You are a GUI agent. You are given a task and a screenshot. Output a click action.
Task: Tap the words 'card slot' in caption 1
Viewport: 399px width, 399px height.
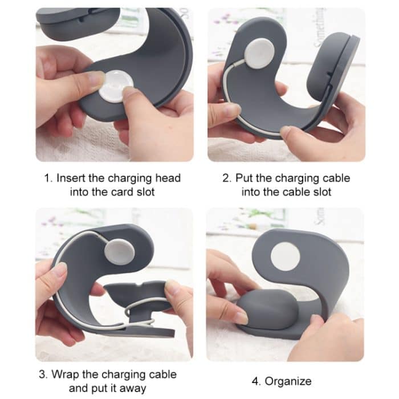[132, 192]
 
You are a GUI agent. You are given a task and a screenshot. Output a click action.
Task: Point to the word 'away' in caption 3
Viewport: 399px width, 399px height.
[133, 389]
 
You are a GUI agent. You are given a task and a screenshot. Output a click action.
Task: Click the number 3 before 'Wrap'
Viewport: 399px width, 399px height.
[42, 374]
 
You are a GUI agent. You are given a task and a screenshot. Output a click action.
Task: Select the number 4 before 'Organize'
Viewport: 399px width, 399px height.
[256, 381]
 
